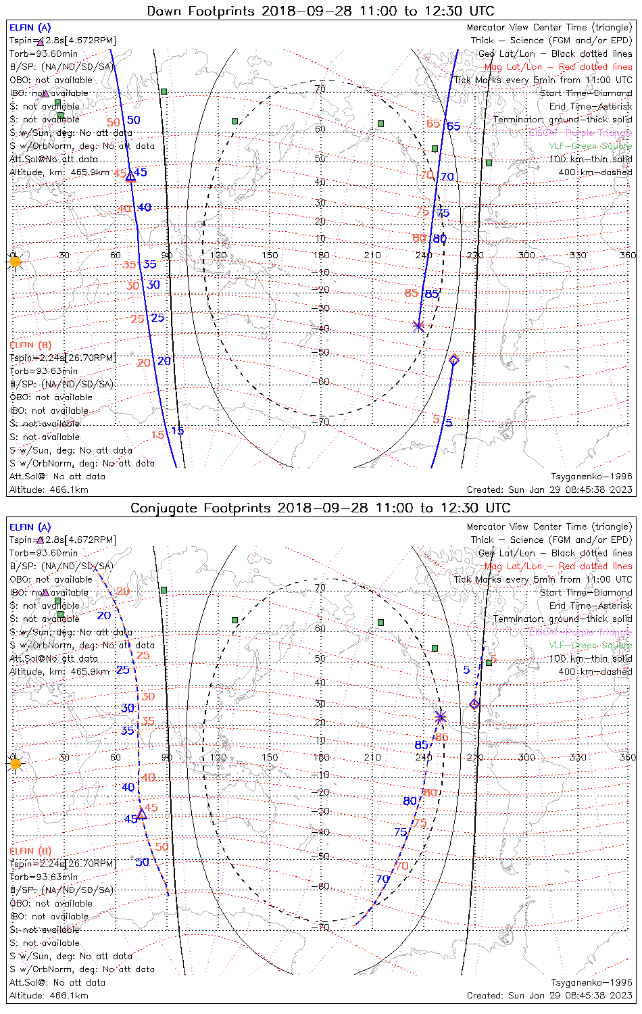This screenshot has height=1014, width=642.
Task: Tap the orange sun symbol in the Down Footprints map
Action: pos(15,261)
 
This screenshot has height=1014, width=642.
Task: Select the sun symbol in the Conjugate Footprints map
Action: pos(15,763)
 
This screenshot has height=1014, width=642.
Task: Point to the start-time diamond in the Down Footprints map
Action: pos(454,360)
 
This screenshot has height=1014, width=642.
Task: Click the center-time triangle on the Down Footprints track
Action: pos(130,176)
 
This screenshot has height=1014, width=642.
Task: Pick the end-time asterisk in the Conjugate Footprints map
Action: pos(441,717)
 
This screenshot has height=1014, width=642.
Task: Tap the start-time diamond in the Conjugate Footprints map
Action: pos(474,704)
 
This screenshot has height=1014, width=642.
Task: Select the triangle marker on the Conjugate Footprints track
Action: pos(142,813)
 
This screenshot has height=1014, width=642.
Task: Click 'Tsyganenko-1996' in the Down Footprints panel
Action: pos(591,477)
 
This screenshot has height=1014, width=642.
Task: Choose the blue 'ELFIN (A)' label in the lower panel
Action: pos(30,527)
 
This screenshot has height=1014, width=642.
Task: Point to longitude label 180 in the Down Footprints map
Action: pos(321,255)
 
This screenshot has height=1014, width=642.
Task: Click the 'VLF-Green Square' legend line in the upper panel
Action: pos(590,146)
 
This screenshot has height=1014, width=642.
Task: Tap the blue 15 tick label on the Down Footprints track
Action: pos(177,431)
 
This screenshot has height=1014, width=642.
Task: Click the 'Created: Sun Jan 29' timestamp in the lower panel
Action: pos(549,995)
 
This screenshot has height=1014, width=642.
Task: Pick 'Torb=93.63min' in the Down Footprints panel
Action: pos(43,371)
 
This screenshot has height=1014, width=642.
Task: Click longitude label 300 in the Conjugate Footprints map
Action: pos(526,757)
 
